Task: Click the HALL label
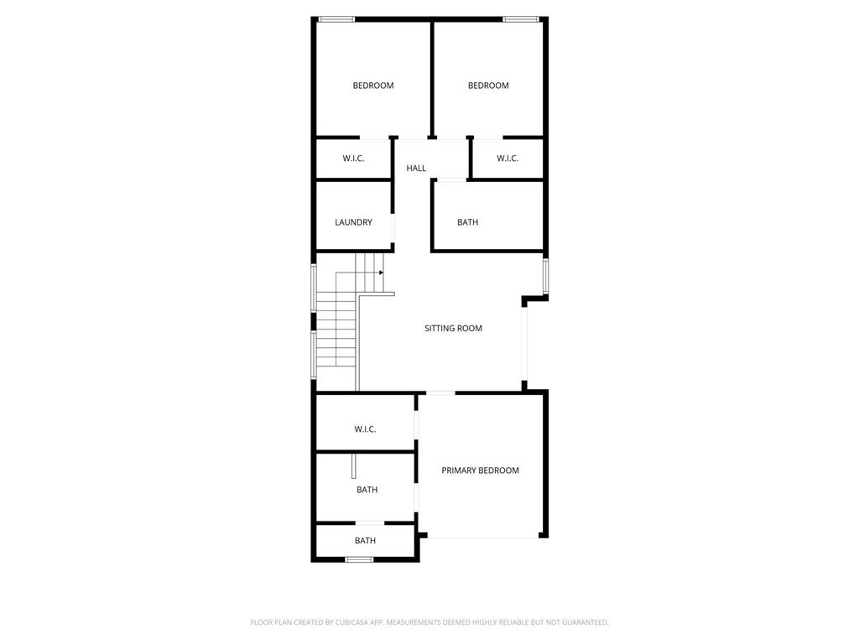[x=416, y=168]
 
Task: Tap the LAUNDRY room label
[x=353, y=222]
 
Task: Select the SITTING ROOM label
[x=453, y=329]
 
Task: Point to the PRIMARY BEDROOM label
[x=480, y=470]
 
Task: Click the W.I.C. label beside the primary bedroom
[x=365, y=429]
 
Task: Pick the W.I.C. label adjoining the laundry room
[x=353, y=158]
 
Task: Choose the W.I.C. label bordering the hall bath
[x=508, y=158]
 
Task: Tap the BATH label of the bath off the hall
[x=467, y=222]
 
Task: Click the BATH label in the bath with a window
[x=365, y=541]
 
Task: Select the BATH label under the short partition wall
[x=367, y=490]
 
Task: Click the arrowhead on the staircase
[x=381, y=273]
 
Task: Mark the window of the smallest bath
[x=359, y=559]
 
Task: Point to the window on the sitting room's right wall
[x=545, y=277]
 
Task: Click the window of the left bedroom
[x=336, y=20]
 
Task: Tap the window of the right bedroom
[x=521, y=20]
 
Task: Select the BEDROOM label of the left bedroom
[x=373, y=86]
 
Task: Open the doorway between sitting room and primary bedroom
[x=440, y=393]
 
